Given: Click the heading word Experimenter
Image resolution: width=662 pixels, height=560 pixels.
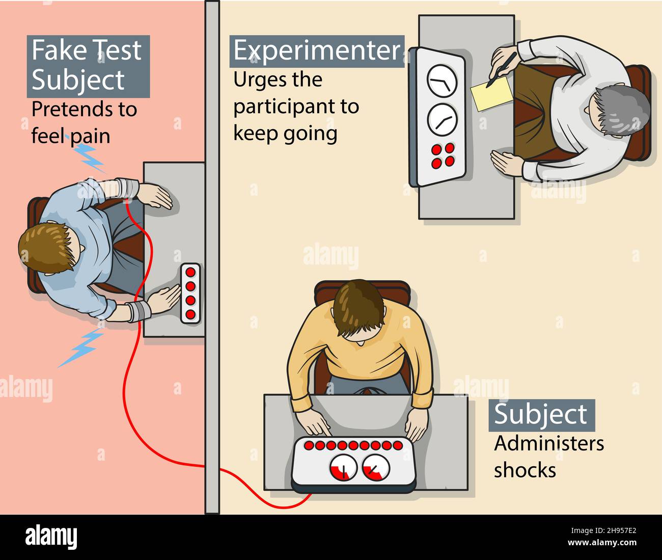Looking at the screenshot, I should (x=317, y=51).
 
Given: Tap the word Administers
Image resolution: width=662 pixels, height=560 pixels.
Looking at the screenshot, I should (x=548, y=443).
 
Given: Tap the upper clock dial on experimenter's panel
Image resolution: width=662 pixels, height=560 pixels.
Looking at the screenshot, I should (x=441, y=81).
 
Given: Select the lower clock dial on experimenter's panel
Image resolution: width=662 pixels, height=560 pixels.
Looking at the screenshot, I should (x=441, y=119).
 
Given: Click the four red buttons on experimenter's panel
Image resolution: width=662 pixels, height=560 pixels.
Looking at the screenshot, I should (x=442, y=155).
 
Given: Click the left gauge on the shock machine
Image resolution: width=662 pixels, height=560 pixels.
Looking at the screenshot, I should (x=343, y=467).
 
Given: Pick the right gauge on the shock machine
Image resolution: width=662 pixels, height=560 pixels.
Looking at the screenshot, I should (x=376, y=467).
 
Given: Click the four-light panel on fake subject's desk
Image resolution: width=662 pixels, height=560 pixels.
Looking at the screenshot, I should (x=190, y=293).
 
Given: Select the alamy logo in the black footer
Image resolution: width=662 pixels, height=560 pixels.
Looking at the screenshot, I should (x=51, y=537).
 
